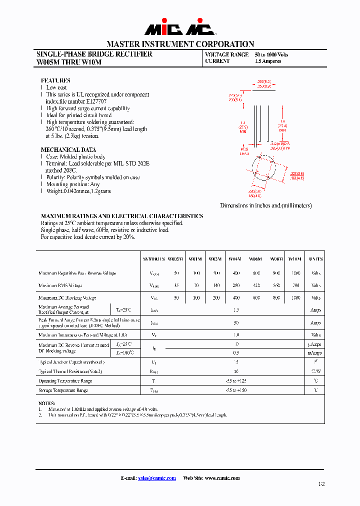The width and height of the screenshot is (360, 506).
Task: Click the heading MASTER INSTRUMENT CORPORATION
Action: (180, 44)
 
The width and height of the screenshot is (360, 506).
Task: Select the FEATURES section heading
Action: (55, 80)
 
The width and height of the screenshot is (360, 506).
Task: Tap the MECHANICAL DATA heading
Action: (68, 150)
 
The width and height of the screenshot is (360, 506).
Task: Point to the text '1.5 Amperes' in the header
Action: (268, 61)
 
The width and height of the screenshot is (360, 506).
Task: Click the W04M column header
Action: (235, 259)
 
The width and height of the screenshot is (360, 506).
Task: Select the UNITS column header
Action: (315, 259)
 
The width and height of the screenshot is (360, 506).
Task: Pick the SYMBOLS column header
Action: (153, 259)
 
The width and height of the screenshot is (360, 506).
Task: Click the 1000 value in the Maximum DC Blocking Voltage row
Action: (295, 297)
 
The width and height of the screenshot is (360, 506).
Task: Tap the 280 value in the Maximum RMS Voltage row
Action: (235, 285)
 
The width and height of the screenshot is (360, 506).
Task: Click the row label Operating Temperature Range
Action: (65, 381)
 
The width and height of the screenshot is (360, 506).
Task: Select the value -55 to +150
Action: (235, 390)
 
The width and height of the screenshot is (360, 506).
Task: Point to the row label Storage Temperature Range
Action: (63, 390)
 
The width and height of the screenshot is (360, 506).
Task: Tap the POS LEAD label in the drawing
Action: (244, 151)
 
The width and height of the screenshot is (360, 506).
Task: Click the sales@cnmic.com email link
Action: (156, 478)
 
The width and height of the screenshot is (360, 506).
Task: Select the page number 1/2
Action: (320, 484)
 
